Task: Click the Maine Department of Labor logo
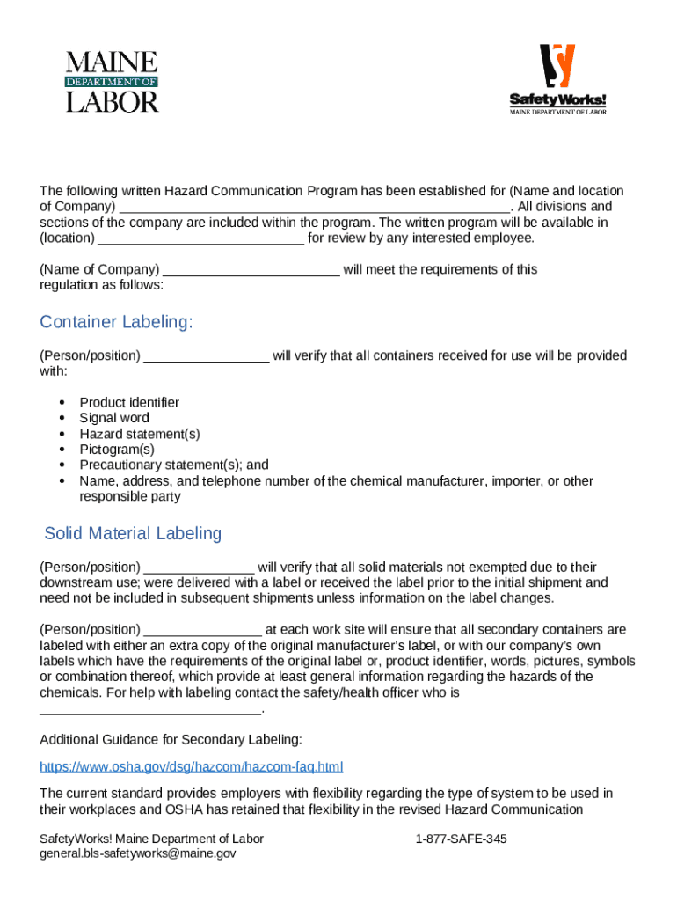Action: [113, 81]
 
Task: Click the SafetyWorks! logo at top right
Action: [557, 79]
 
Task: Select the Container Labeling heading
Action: [116, 322]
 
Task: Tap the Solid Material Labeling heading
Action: [133, 533]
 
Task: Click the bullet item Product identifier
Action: [129, 402]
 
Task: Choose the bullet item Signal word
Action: [114, 418]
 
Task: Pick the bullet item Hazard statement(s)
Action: [140, 434]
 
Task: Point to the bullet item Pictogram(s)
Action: [117, 449]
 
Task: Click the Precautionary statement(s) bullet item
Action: [174, 465]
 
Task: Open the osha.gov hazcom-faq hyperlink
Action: [192, 766]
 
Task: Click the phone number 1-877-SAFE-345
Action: [461, 839]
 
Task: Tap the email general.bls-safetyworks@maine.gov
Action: [138, 853]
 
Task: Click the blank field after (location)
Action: [201, 239]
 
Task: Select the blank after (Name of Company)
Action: [251, 270]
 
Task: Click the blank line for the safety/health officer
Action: [151, 709]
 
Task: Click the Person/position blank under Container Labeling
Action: [207, 356]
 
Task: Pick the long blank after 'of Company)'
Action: [314, 208]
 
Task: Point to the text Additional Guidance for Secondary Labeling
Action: [171, 738]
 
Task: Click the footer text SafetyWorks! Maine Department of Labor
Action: [151, 839]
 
